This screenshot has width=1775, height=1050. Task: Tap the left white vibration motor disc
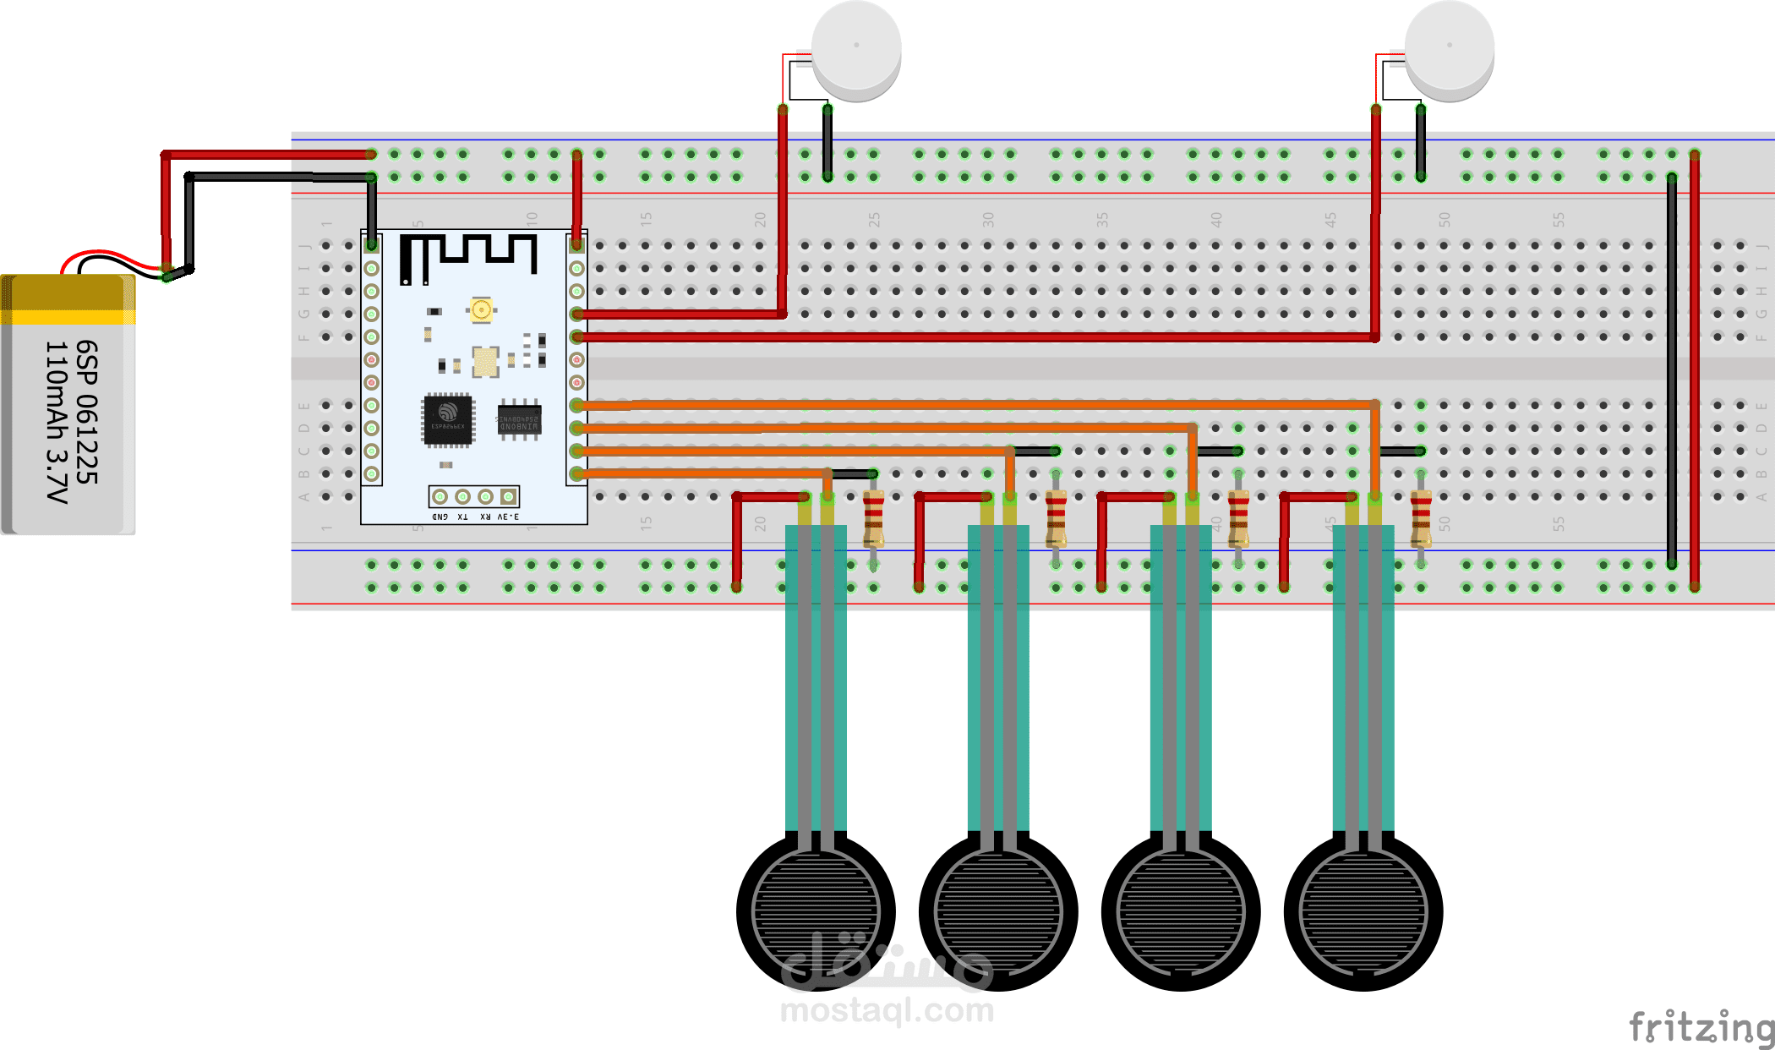point(856,46)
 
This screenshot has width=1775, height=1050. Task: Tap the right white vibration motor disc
point(1450,46)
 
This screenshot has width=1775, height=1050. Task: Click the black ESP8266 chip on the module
point(448,418)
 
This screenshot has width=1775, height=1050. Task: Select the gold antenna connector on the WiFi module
point(481,310)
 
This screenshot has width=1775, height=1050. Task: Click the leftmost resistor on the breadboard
point(873,518)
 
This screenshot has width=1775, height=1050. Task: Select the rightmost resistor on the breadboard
point(1421,518)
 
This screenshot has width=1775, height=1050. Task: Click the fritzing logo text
point(1701,1027)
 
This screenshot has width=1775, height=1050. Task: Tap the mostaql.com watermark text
point(887,1010)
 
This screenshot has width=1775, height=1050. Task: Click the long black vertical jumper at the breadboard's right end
point(1672,372)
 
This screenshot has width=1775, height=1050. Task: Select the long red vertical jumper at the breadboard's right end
point(1695,372)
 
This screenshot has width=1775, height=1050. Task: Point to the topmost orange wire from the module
point(972,405)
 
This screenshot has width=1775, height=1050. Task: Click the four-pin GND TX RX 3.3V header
point(473,496)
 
